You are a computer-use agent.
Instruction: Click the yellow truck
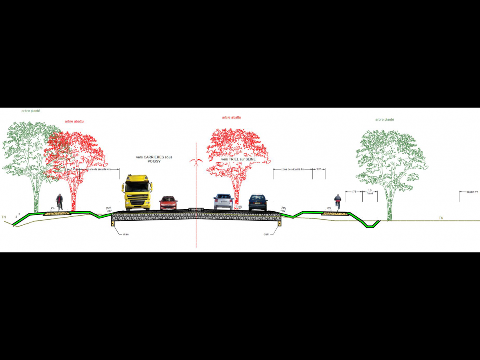tap(137, 192)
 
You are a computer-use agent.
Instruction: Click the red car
tap(168, 203)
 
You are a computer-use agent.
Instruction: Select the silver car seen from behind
tap(223, 202)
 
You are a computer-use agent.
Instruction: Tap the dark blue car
tap(258, 202)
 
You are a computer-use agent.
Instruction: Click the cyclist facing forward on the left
tap(59, 202)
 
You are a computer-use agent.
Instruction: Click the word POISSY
tap(154, 162)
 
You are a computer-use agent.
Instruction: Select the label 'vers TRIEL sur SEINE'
tap(238, 159)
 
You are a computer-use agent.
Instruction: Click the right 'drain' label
tap(266, 234)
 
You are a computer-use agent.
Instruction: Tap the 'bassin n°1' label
tap(472, 192)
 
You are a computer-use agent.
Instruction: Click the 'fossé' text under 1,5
tap(370, 194)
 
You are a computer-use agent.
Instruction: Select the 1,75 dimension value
tap(354, 192)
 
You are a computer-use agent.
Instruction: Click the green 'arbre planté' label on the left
tap(31, 111)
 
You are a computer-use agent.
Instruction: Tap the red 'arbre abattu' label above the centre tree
tap(232, 118)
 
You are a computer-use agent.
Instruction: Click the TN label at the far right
tap(441, 218)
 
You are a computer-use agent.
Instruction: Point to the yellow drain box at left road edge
tap(113, 229)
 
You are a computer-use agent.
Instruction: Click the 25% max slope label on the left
tap(108, 209)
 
